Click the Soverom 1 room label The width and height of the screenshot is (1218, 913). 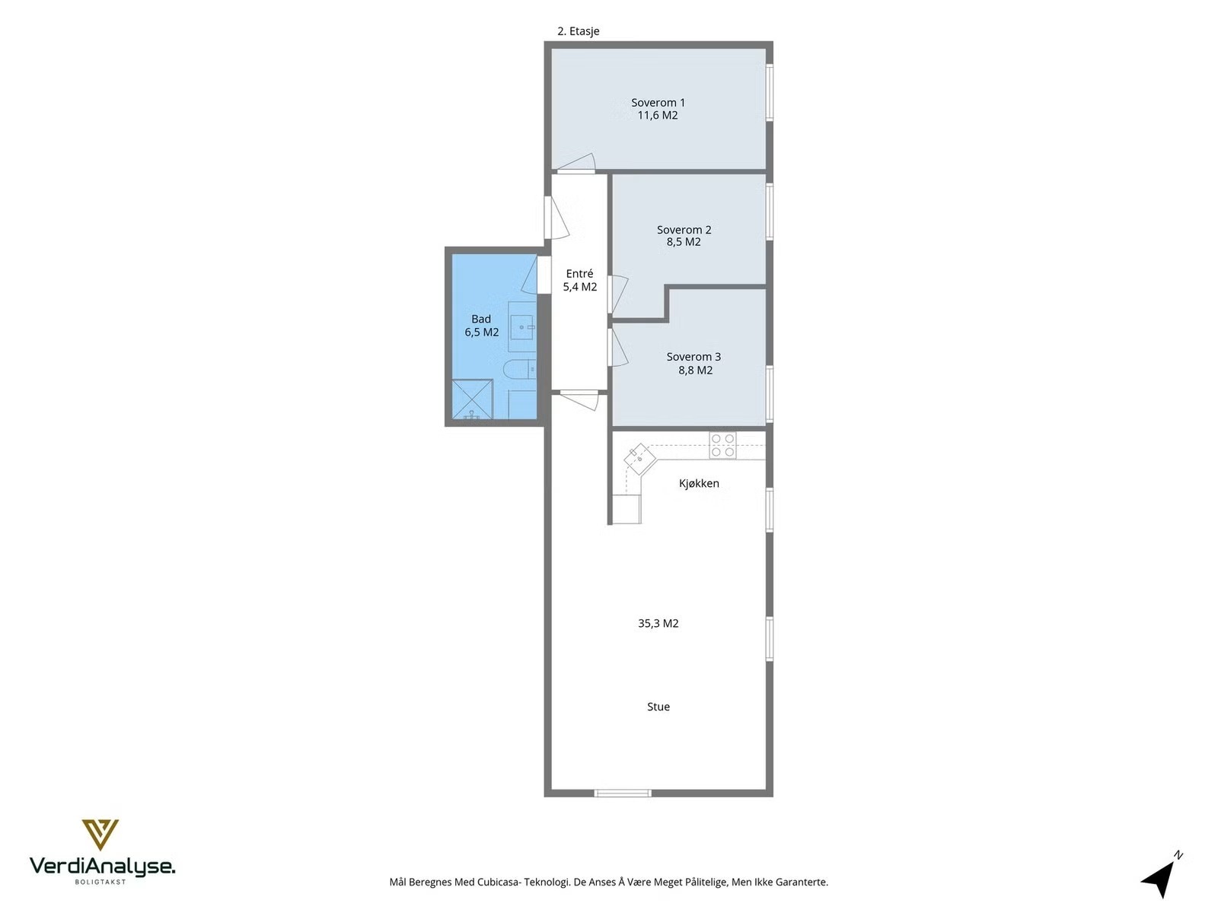(x=658, y=103)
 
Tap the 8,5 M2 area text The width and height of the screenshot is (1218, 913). (x=684, y=242)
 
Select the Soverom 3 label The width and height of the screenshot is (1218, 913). (x=693, y=357)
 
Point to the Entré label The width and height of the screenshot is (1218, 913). (x=579, y=273)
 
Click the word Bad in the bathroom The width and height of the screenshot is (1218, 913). (x=481, y=319)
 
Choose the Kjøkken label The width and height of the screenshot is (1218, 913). (x=699, y=483)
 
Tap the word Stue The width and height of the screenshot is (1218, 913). (x=658, y=707)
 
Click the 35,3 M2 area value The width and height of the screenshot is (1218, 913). (x=658, y=624)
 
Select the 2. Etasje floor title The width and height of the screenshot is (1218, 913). (x=579, y=31)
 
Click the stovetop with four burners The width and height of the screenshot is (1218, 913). (x=722, y=445)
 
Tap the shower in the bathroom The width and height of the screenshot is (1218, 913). (x=472, y=399)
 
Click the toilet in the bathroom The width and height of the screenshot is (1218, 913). (x=519, y=369)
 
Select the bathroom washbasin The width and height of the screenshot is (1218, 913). (x=523, y=327)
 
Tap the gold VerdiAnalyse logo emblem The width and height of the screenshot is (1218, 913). (x=100, y=835)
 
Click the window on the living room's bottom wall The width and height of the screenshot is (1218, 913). (x=623, y=794)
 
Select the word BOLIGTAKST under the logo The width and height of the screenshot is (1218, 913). (x=100, y=882)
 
